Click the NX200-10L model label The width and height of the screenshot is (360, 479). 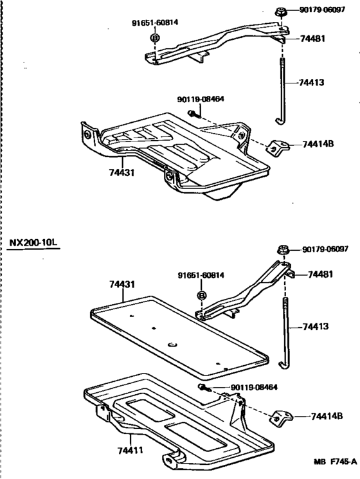pyautogui.click(x=33, y=242)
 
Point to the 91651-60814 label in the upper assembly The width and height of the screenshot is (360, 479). pyautogui.click(x=154, y=23)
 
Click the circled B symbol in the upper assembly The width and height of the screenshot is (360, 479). pyautogui.click(x=154, y=39)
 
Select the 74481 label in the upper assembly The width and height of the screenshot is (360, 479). pyautogui.click(x=312, y=39)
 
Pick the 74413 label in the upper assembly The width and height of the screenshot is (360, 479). pyautogui.click(x=312, y=82)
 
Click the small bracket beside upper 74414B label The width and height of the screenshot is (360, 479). pyautogui.click(x=276, y=147)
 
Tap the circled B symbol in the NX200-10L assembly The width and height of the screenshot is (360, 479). pyautogui.click(x=201, y=295)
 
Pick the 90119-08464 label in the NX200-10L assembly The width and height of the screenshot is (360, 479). pyautogui.click(x=255, y=388)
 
